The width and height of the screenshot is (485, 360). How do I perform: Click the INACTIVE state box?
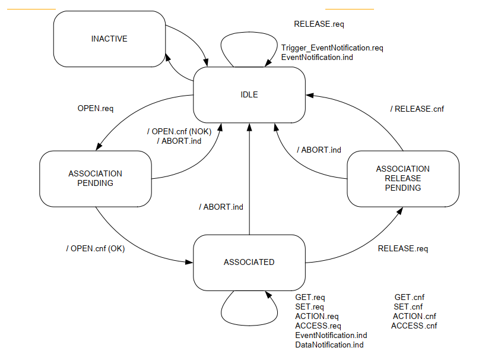tap(109, 39)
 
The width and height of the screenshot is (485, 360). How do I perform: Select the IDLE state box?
tap(249, 94)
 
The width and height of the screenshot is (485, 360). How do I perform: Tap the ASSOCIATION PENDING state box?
tap(96, 178)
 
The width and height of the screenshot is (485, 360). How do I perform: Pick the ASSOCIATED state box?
tap(249, 262)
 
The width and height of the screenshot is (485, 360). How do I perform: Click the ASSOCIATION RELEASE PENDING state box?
tap(402, 178)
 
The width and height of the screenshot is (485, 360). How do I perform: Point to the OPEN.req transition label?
tap(96, 109)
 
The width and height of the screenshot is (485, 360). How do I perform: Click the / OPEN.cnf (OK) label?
tap(96, 248)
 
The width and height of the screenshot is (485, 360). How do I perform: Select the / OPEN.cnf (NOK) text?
tap(179, 131)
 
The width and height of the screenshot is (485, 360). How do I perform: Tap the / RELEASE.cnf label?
tap(417, 109)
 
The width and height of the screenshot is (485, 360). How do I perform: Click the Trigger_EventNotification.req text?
tap(332, 48)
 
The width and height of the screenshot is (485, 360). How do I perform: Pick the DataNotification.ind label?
tap(329, 345)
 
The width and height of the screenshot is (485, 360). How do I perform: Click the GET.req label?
tap(310, 297)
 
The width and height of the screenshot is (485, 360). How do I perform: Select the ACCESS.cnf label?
tap(414, 326)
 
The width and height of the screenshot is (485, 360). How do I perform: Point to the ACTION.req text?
tap(316, 316)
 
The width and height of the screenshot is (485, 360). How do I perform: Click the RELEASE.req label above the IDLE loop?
tap(319, 24)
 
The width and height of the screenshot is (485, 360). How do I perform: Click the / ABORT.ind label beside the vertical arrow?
tap(221, 207)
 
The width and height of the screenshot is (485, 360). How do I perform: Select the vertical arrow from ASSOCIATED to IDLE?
tap(249, 178)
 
